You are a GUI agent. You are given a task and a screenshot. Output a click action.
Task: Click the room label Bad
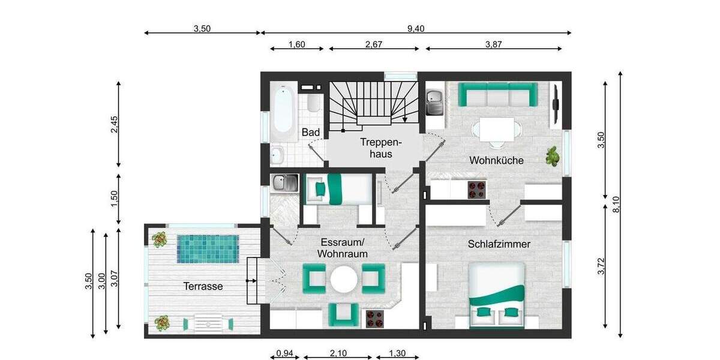click(311, 132)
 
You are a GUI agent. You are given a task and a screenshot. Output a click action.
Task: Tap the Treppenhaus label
click(376, 148)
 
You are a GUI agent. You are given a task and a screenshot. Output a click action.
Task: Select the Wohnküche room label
click(496, 160)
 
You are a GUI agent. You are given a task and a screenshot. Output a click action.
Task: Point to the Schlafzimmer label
click(499, 244)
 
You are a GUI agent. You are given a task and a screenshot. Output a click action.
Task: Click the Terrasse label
click(203, 286)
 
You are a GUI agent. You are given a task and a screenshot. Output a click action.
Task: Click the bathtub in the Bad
click(282, 110)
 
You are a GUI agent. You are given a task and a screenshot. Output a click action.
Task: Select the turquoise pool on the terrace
click(208, 248)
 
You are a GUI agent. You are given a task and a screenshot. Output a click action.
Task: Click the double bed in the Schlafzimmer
click(496, 296)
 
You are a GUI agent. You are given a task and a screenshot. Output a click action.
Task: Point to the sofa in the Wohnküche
click(497, 94)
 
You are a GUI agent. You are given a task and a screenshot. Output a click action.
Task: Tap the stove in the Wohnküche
click(476, 189)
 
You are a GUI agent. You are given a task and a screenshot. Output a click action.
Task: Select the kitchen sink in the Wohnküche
click(434, 103)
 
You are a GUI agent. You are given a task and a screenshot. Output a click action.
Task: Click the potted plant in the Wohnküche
click(552, 157)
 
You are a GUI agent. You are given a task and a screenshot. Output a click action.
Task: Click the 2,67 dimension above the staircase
click(373, 44)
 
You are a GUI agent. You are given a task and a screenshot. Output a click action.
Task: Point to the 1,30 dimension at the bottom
click(397, 353)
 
